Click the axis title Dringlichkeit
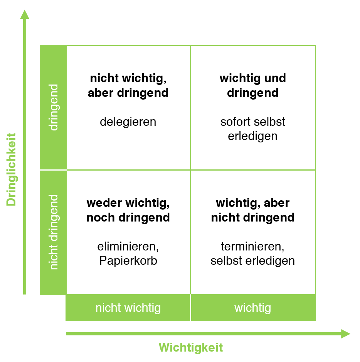point(12,169)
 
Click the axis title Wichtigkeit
point(191,347)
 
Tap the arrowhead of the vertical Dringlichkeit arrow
point(25,15)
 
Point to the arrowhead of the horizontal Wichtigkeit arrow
point(345,333)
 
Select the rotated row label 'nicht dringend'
point(54,232)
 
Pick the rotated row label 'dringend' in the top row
point(54,107)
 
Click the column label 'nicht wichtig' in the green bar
point(128,308)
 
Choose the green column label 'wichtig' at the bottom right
point(253,308)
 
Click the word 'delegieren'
point(128,122)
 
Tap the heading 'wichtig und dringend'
point(253,86)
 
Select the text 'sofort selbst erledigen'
point(253,129)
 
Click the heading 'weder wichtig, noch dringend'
point(128,210)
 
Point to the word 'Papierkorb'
point(128,261)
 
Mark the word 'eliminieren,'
point(128,246)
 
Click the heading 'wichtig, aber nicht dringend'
point(253,210)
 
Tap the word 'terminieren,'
point(253,246)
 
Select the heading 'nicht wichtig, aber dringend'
point(128,86)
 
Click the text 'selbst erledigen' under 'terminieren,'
point(253,261)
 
